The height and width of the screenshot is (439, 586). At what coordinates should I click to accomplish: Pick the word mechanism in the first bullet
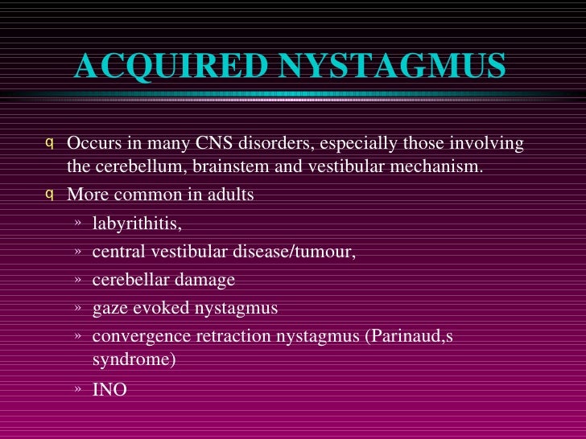coord(441,166)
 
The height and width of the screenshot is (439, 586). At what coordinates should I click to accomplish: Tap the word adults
coord(228,195)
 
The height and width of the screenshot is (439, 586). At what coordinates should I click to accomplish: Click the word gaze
coord(109,308)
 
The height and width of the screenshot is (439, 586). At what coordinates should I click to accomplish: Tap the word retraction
coord(219,336)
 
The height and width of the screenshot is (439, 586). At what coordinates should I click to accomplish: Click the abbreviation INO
coord(109,390)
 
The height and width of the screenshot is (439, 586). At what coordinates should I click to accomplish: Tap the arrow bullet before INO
coord(77,390)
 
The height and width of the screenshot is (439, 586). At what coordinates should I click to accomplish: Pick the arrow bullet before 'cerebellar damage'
coord(77,280)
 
